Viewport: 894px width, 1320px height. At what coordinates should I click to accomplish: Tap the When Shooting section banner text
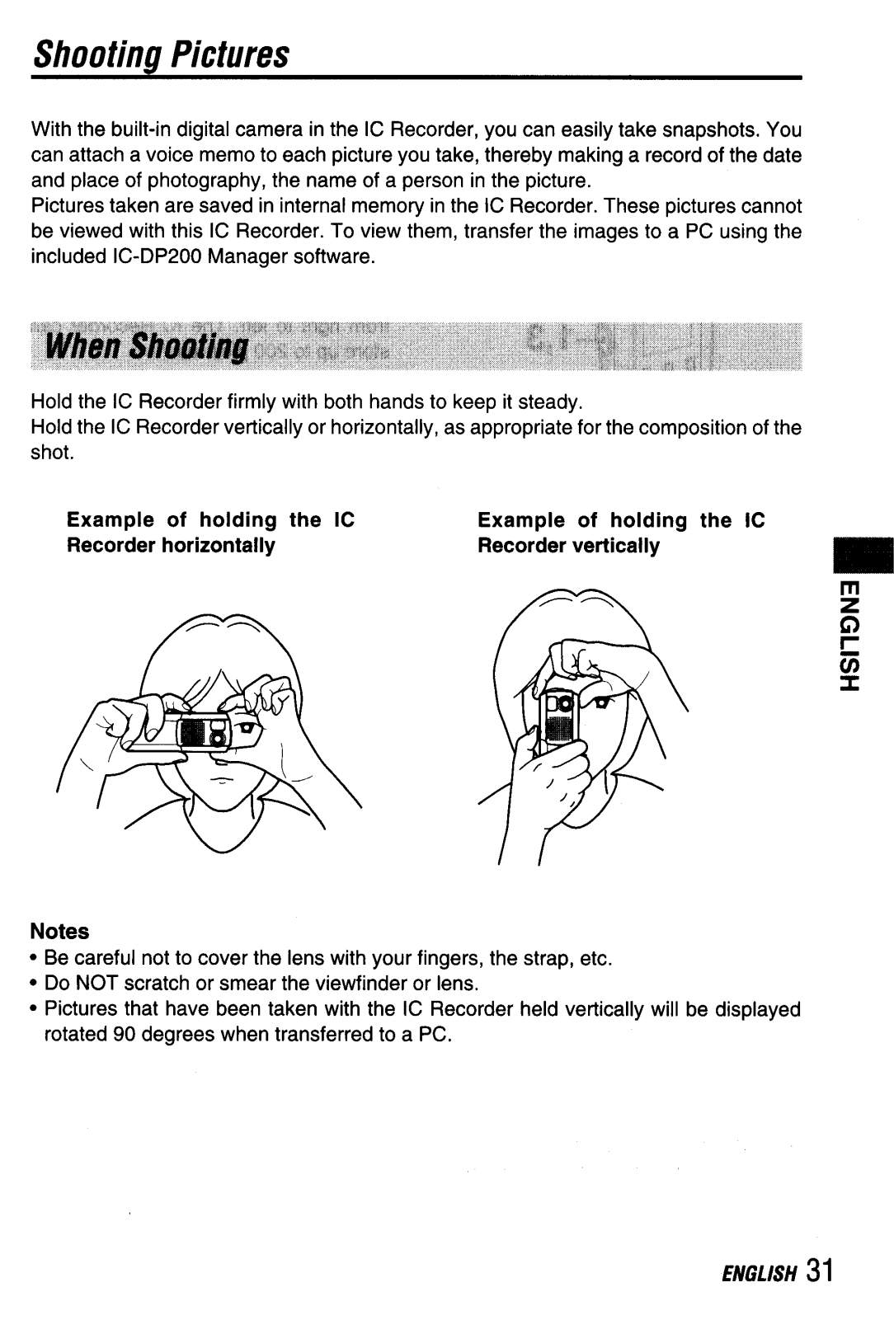tap(147, 346)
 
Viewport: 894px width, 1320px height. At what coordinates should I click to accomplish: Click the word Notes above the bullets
tap(60, 931)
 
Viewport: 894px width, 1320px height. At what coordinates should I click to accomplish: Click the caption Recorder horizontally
tap(171, 545)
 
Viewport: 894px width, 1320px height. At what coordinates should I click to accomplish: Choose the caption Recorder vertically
tap(569, 546)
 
